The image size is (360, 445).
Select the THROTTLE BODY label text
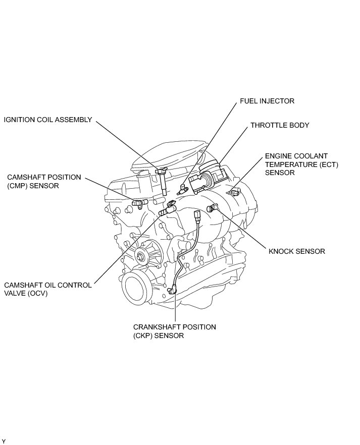click(280, 125)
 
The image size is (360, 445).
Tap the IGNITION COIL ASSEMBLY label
click(48, 120)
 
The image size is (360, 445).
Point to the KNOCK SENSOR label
click(296, 251)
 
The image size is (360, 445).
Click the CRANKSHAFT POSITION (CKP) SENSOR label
click(175, 331)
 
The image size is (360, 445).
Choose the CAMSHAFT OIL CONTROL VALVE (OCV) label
click(48, 289)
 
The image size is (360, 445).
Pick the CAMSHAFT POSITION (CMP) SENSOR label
click(44, 182)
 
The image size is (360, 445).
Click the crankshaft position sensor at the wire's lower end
click(175, 291)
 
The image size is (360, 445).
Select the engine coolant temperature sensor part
click(234, 192)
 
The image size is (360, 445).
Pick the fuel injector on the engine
click(183, 191)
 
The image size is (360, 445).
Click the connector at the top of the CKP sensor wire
click(197, 218)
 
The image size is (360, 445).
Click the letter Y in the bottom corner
click(4, 441)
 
